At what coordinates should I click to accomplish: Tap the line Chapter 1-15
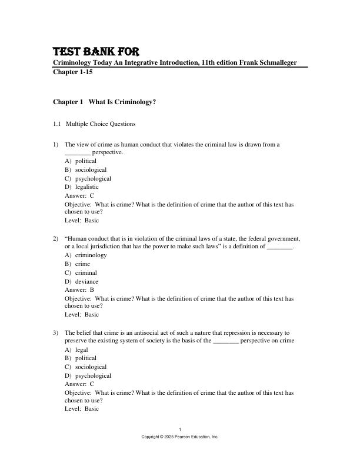pos(73,72)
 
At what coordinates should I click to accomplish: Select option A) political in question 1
pos(81,161)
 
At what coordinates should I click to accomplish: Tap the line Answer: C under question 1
pos(79,195)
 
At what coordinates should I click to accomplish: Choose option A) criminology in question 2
pos(85,255)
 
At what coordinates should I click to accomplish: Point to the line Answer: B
pos(79,289)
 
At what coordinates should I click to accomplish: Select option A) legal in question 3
pos(76,349)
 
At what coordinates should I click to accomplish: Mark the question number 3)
pos(56,332)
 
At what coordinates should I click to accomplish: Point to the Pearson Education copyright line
pos(180,437)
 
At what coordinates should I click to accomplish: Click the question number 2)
pos(56,238)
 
